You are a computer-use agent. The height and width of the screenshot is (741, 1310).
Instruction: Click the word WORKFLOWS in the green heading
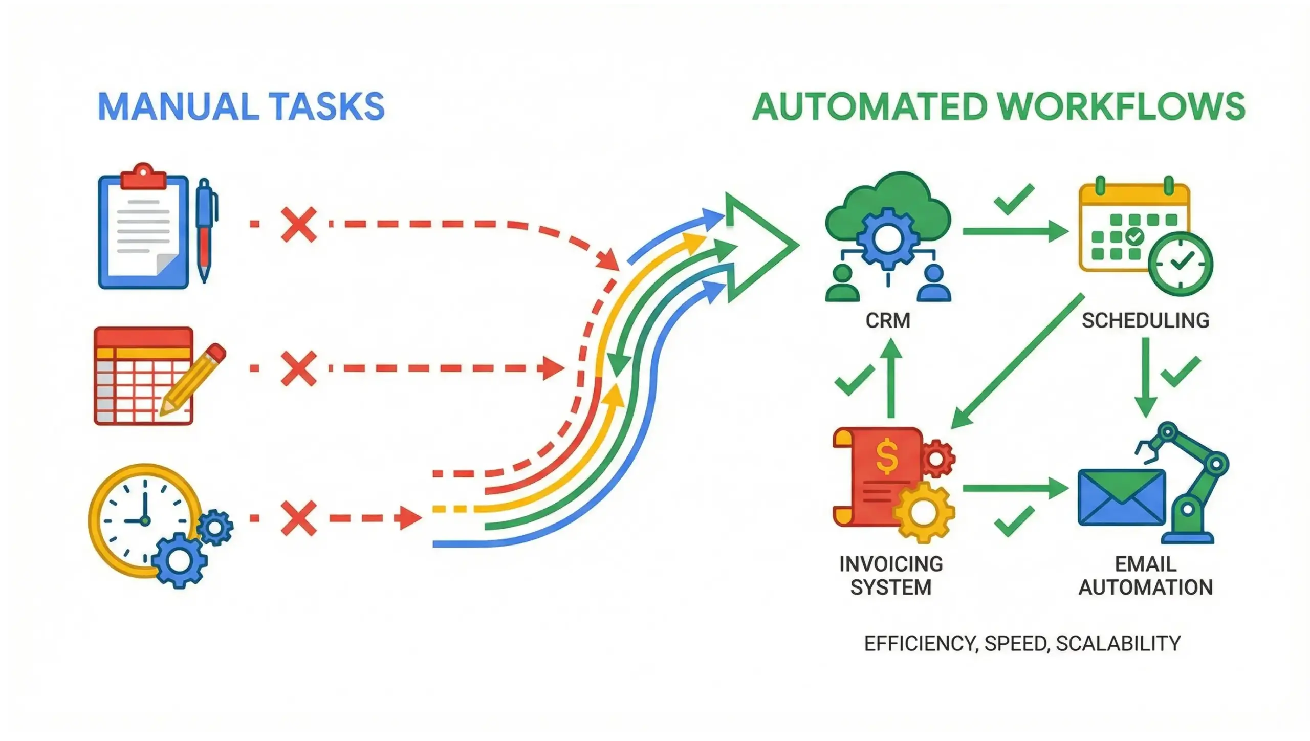pos(1121,107)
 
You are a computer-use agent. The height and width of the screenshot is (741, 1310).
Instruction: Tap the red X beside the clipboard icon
pos(299,224)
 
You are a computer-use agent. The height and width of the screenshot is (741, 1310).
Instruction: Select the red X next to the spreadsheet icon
pos(299,368)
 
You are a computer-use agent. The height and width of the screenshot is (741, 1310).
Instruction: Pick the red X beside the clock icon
pos(299,518)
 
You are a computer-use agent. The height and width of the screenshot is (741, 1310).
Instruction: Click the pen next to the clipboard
pos(205,230)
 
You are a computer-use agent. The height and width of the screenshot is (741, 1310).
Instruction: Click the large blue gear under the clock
pos(179,560)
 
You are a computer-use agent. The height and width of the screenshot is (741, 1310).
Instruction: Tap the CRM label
pos(888,321)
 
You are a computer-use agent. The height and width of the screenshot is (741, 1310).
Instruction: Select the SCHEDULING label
pos(1145,321)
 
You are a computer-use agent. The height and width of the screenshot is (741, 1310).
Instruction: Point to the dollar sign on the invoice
pos(887,457)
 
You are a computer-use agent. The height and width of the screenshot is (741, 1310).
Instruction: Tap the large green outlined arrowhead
pos(757,246)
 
